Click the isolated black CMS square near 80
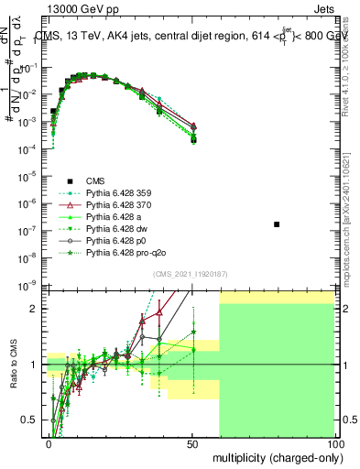tap(277, 224)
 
